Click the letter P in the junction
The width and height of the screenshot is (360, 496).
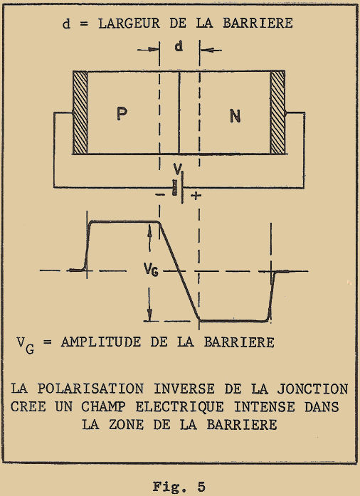coord(122,114)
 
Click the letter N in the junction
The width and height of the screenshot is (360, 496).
coord(235,116)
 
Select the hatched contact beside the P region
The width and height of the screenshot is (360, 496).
coord(80,112)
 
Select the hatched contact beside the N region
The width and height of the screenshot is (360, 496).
coord(277,112)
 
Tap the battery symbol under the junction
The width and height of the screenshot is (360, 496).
coord(178,187)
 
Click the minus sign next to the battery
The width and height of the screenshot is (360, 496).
coord(160,195)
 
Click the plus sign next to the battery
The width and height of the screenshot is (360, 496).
coord(196,196)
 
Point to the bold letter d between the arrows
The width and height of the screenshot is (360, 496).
coord(179,46)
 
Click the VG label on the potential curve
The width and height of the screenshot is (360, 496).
coord(151,270)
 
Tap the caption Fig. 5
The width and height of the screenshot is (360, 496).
coord(179,487)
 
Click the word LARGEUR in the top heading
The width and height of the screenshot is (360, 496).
coord(129,23)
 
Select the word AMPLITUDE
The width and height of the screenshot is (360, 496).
coord(101,342)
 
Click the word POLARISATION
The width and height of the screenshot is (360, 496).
coord(90,389)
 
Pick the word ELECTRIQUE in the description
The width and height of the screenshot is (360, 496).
coord(180,407)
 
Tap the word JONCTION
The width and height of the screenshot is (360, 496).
coord(313,389)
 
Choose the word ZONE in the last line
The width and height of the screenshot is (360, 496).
coord(127,425)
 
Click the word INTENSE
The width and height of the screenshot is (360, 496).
coord(265,407)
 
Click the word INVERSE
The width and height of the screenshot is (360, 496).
coord(184,389)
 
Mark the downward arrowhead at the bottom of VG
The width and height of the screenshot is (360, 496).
coord(149,315)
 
